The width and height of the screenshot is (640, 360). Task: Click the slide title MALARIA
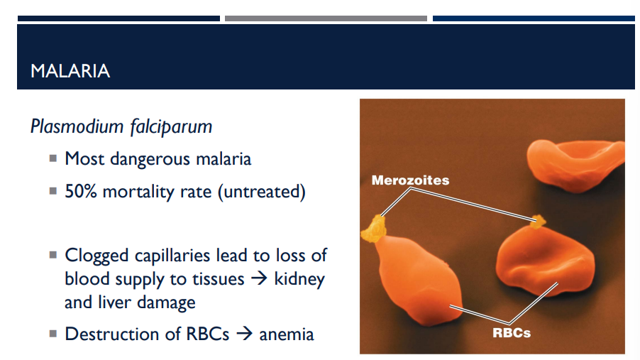point(70,71)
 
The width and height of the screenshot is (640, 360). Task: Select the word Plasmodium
point(77,126)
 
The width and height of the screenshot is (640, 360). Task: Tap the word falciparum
point(172,127)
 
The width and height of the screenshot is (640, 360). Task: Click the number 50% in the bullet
point(81,191)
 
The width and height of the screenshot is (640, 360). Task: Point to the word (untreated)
point(262,192)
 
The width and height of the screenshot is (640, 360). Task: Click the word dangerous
point(150,159)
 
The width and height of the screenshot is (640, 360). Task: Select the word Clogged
point(96,256)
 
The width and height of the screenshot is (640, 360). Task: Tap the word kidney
point(299,280)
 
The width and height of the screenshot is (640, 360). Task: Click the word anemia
point(287,334)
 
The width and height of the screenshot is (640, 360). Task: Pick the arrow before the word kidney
point(259,278)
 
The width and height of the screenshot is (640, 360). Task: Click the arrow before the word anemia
point(245,334)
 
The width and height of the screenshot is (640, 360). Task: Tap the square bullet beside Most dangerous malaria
point(53,158)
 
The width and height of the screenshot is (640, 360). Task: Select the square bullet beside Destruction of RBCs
point(53,334)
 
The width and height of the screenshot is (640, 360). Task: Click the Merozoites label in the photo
point(410,180)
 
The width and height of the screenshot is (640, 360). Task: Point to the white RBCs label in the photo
point(512,332)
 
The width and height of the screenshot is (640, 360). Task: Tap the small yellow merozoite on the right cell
point(538,222)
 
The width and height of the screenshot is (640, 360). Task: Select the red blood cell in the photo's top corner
point(575,165)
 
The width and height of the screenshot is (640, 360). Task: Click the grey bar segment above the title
point(326,18)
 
